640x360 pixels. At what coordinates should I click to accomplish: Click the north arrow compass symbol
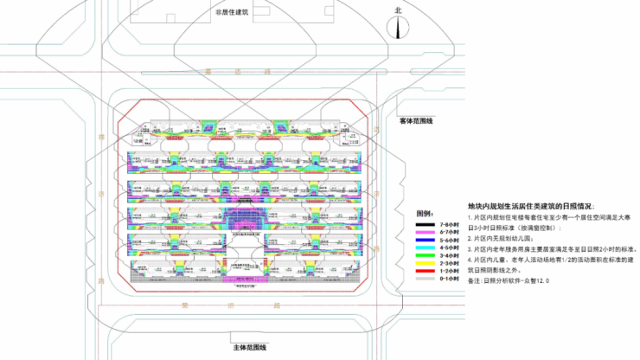tap(399, 26)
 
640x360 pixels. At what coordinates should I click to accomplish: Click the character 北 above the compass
tap(399, 10)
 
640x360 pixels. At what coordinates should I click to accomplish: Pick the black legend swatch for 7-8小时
tap(429, 224)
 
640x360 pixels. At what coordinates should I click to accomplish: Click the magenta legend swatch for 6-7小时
tap(429, 232)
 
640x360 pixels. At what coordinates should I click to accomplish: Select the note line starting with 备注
tap(509, 281)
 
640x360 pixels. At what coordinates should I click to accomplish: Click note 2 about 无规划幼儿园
tap(502, 237)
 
